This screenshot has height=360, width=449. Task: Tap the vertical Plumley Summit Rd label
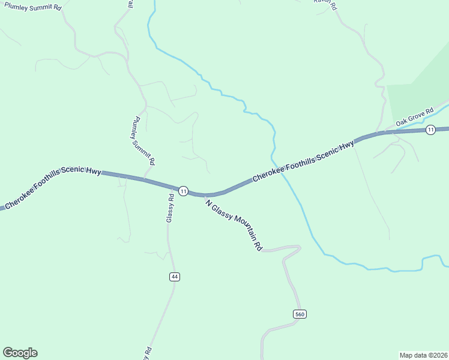click(x=143, y=140)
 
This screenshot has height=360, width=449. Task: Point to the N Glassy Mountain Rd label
click(x=234, y=224)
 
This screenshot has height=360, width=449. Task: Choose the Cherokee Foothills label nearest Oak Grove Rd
click(x=303, y=163)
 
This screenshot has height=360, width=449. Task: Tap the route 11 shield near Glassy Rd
click(x=184, y=191)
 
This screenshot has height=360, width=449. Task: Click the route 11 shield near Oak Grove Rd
click(x=430, y=130)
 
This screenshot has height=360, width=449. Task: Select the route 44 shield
click(x=175, y=277)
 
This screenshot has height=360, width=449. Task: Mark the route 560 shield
click(x=300, y=314)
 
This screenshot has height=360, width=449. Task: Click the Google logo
click(x=20, y=353)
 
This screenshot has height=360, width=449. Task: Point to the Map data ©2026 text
click(x=423, y=355)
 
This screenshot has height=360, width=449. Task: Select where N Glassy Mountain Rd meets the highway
click(x=203, y=194)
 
